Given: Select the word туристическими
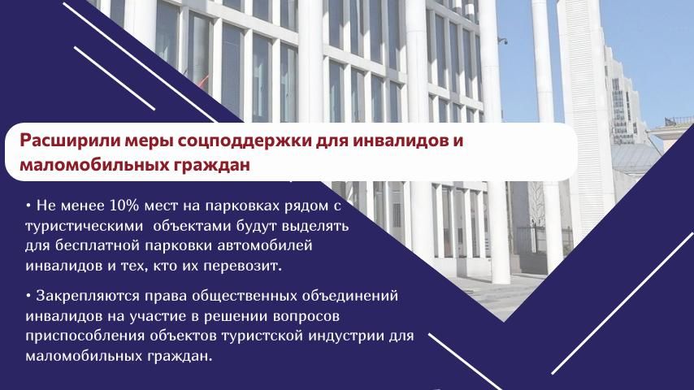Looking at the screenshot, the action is point(84,227).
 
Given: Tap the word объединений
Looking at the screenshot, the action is point(350,296).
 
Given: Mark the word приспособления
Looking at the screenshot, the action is point(85,336).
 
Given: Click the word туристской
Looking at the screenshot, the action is point(262,336).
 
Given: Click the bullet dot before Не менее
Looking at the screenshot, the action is point(28,206).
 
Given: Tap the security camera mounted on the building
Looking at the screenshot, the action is point(502,41).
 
